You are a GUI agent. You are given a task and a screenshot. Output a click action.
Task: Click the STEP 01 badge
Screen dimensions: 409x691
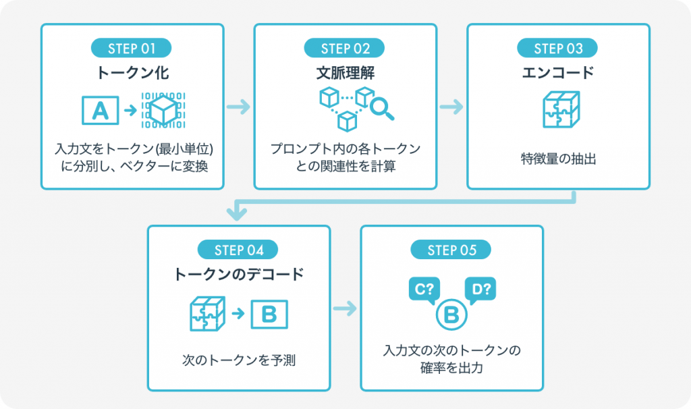(132, 48)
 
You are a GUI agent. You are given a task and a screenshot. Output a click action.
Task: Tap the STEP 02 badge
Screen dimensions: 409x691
(345, 48)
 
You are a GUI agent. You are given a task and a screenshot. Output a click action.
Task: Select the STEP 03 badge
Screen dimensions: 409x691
(558, 48)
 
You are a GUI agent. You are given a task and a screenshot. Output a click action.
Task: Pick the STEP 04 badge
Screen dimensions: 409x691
(238, 250)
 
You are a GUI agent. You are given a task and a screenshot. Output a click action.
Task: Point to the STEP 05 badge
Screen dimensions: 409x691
(451, 250)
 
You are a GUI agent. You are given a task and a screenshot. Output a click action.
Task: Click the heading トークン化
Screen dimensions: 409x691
(132, 72)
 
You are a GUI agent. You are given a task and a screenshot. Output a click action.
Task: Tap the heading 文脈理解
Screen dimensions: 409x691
(345, 72)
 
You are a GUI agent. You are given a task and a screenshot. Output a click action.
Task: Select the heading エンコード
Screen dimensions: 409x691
(558, 72)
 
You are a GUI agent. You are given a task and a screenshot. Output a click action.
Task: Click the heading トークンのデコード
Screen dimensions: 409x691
(238, 275)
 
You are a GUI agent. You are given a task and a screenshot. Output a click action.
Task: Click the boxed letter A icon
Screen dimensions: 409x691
(100, 109)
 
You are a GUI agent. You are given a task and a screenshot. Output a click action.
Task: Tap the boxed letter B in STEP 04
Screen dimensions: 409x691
(269, 314)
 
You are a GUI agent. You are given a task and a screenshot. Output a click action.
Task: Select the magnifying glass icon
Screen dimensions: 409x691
(381, 109)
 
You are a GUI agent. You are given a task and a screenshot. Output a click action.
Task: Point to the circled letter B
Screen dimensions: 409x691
(451, 315)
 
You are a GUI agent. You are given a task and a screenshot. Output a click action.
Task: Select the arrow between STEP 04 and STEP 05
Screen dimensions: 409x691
(345, 309)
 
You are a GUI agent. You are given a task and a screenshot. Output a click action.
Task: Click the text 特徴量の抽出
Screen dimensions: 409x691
(558, 160)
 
